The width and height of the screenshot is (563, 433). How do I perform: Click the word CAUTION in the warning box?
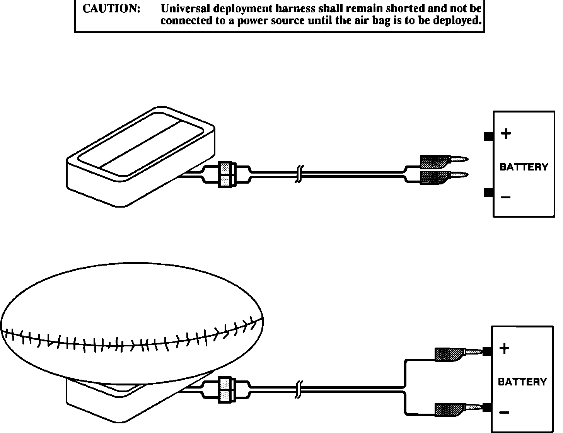[111, 9]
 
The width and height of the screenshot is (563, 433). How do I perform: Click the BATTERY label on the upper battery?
[524, 167]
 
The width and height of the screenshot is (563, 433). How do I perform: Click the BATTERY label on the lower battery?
[522, 382]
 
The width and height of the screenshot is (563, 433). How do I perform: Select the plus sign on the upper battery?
[506, 134]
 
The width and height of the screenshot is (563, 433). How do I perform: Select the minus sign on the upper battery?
[505, 198]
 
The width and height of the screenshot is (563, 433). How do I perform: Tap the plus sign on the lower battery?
[504, 348]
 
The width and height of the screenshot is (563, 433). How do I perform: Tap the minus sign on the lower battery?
[504, 413]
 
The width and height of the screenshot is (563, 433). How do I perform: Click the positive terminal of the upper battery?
[488, 136]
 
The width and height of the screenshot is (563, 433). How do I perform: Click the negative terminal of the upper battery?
[488, 192]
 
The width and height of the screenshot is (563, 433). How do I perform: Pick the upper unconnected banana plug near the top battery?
[443, 160]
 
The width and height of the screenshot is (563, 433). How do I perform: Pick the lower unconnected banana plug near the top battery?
[443, 177]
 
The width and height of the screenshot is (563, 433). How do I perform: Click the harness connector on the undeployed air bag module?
[226, 175]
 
